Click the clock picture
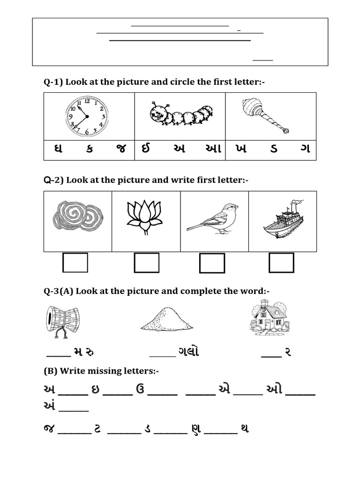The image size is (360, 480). [x=87, y=116]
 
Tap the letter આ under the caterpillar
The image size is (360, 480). [x=210, y=150]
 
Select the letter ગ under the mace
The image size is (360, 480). [x=306, y=150]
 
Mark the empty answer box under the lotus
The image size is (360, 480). [x=146, y=262]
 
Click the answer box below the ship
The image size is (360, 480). [x=281, y=262]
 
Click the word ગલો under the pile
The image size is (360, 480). [x=188, y=352]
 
